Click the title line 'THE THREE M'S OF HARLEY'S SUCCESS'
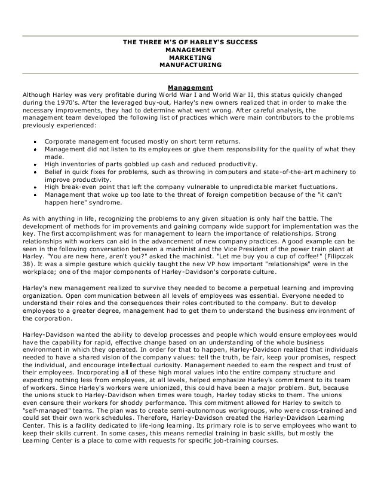point(190,41)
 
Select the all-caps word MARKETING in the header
point(190,57)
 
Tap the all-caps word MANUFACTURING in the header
point(190,65)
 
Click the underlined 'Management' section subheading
point(190,87)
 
